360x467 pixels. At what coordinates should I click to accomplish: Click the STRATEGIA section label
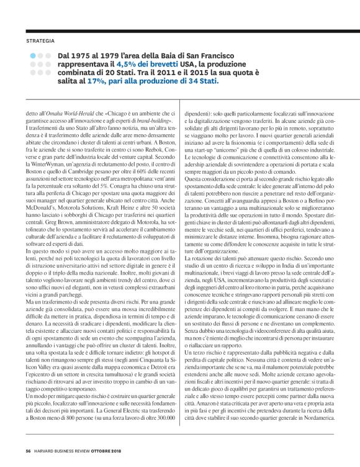(x=39, y=41)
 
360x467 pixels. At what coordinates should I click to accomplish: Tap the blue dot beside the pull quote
(x=32, y=55)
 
